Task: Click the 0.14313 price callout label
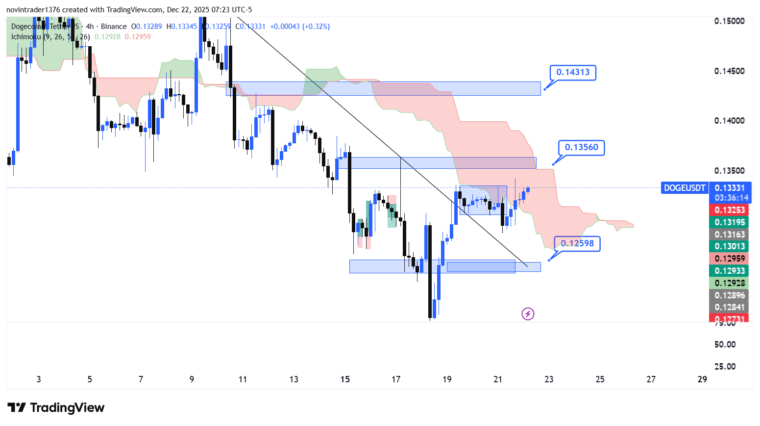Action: tap(572, 72)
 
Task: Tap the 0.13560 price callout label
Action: tap(581, 147)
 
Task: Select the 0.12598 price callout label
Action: tap(577, 243)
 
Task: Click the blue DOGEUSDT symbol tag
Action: tap(684, 188)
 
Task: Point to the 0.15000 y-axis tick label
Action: tap(729, 21)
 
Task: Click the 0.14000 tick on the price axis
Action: tap(729, 121)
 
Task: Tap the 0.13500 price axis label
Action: tap(729, 171)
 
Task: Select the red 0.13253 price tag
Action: tap(729, 210)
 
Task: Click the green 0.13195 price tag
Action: tap(729, 222)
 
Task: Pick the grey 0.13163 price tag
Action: tap(729, 235)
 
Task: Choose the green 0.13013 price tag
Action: tap(729, 246)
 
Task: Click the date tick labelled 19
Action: tap(447, 379)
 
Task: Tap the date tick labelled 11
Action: tap(243, 379)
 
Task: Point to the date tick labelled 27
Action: tap(651, 379)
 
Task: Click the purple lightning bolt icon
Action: tap(528, 314)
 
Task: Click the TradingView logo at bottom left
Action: tap(56, 408)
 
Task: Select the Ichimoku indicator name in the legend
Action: tap(26, 37)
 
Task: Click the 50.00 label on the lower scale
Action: tap(725, 345)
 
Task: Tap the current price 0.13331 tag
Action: tap(729, 188)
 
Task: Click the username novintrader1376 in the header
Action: tap(33, 10)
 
